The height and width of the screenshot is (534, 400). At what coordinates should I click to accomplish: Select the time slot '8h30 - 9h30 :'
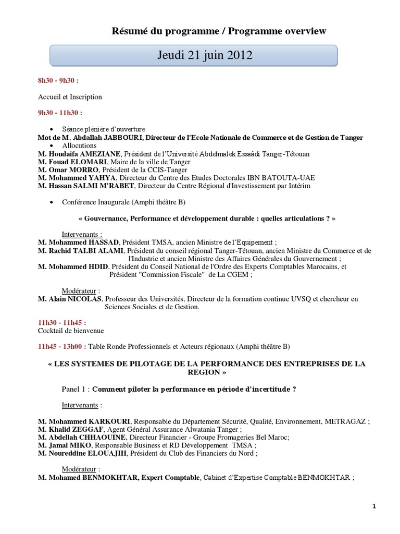point(58,81)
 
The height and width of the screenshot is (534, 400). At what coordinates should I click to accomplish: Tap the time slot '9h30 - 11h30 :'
point(60,112)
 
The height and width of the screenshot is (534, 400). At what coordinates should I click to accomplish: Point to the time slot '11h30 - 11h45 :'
point(62,323)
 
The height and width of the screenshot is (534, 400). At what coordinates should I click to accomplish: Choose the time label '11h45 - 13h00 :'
point(62,346)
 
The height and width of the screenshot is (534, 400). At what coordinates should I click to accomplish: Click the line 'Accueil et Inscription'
point(70,96)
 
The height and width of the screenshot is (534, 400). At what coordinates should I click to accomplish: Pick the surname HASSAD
point(102,242)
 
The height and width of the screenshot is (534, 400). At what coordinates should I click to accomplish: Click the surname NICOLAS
point(84,299)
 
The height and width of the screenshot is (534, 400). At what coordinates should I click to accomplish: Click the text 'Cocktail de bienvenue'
point(71,331)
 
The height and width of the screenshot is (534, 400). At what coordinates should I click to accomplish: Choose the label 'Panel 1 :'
point(76,389)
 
